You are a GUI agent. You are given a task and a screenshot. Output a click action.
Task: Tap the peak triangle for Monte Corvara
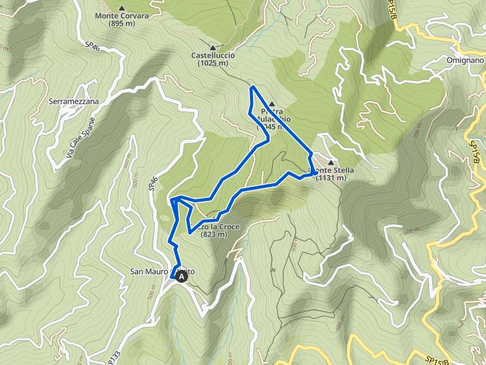tap(121, 7)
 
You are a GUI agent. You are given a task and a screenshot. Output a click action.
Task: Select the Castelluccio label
tap(213, 55)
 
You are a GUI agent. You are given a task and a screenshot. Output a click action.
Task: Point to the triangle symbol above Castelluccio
tap(213, 47)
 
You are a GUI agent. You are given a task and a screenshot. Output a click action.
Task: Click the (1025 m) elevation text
tap(213, 63)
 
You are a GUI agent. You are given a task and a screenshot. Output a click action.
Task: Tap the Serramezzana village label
tap(74, 101)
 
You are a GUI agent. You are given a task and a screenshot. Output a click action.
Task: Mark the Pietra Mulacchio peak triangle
tap(271, 104)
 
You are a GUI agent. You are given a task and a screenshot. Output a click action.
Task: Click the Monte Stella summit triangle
tap(331, 163)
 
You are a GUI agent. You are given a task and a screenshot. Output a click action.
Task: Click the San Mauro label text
tap(149, 272)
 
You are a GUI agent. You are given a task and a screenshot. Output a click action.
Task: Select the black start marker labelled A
tap(182, 276)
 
